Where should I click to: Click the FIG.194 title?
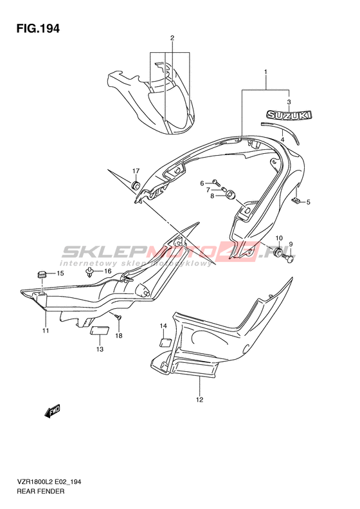click(x=39, y=28)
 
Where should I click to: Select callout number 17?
click(x=136, y=171)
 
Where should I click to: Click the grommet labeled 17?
click(x=135, y=185)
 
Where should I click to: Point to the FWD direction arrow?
click(x=53, y=411)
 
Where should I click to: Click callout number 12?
click(x=199, y=400)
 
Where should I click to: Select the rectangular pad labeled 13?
click(x=100, y=331)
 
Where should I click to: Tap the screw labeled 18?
click(x=118, y=317)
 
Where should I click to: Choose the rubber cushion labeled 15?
click(x=40, y=274)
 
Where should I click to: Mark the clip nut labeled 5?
click(x=296, y=201)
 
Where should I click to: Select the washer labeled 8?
click(x=230, y=195)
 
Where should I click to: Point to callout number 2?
click(x=172, y=38)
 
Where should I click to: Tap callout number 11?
click(x=46, y=331)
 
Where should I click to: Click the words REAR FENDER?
click(x=40, y=491)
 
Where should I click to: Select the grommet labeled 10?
click(x=278, y=251)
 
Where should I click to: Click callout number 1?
click(x=265, y=71)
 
